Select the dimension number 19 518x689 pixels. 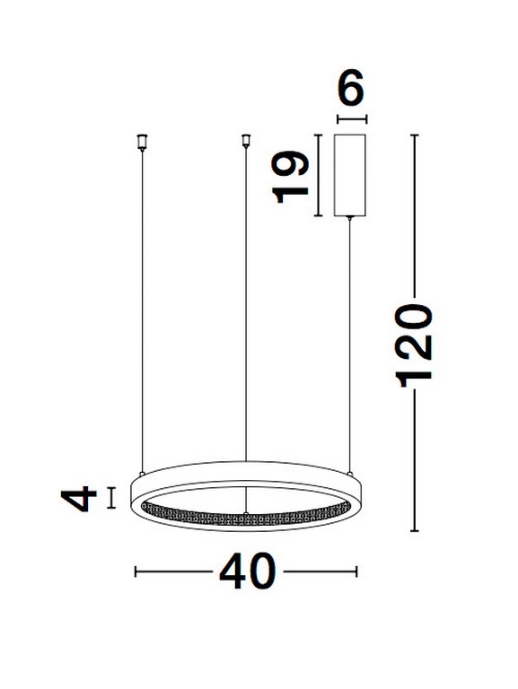294,176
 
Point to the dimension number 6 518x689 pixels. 351,90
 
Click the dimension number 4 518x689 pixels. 83,498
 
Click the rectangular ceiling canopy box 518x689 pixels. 349,175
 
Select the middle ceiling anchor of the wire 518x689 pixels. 244,140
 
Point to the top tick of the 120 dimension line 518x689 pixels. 416,135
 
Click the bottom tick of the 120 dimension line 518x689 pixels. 416,532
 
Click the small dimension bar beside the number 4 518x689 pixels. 111,498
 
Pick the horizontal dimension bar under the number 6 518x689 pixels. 351,118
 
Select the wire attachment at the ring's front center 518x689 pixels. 245,513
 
